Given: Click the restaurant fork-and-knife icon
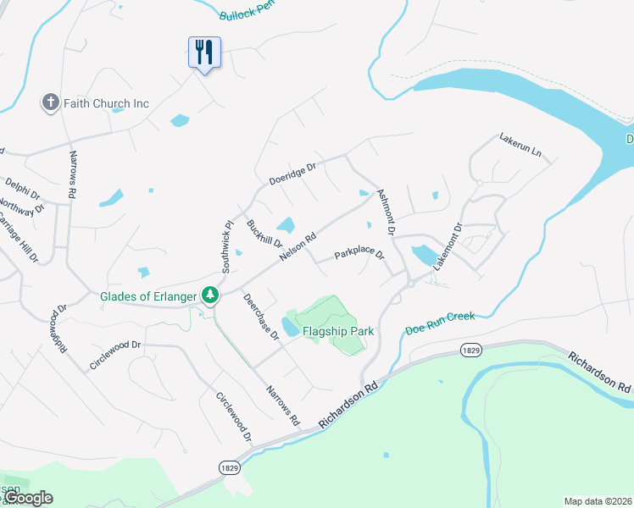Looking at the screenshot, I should point(203,52).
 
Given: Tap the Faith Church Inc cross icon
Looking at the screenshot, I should point(50,103).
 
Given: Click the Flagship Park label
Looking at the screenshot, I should point(338,332).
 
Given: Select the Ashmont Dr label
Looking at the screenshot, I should point(387,211).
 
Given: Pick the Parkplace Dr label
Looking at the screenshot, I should point(359,254).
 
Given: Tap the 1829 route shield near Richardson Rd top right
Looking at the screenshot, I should point(471,350).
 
